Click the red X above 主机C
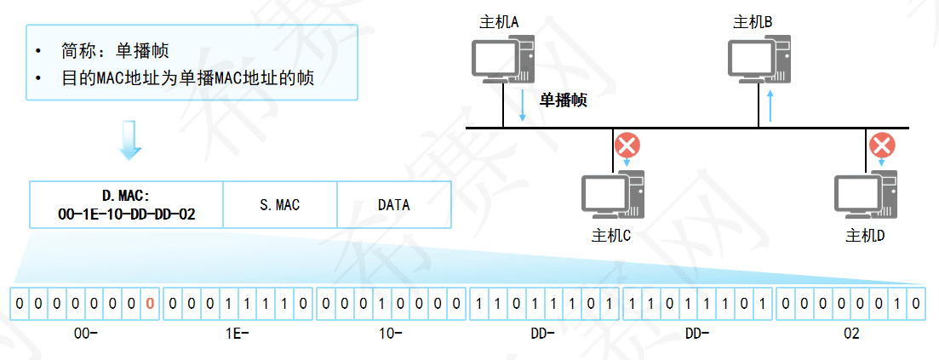click(x=627, y=146)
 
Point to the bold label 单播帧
click(x=563, y=100)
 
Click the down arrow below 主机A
click(x=523, y=106)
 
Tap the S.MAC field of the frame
click(x=279, y=205)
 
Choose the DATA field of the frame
click(x=393, y=205)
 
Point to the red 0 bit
click(x=150, y=302)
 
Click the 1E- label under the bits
click(x=238, y=334)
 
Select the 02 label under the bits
click(x=850, y=334)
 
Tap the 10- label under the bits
click(x=391, y=334)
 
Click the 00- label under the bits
click(x=87, y=334)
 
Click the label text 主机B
click(x=753, y=21)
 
